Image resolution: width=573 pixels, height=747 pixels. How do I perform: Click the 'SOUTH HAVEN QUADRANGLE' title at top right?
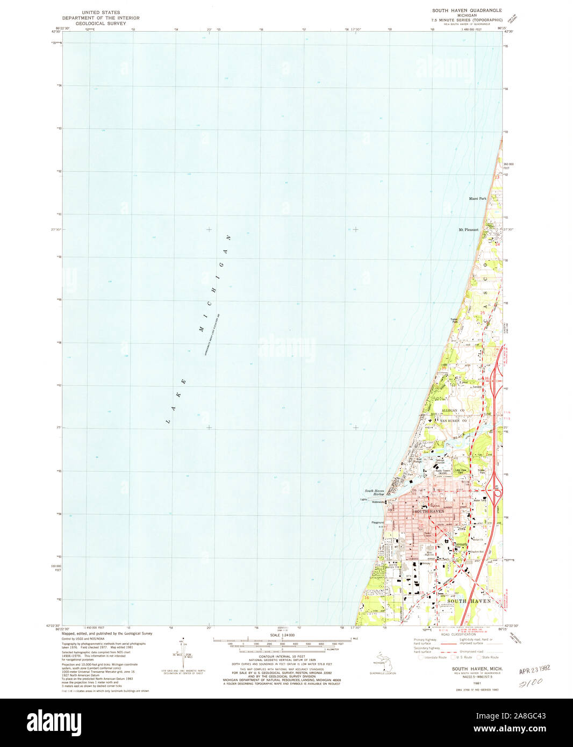pyautogui.click(x=467, y=10)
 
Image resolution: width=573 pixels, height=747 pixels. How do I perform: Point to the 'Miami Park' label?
pyautogui.click(x=477, y=199)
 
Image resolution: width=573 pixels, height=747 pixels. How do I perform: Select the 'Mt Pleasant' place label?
pyautogui.click(x=468, y=230)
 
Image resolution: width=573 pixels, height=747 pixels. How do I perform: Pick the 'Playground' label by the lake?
pyautogui.click(x=377, y=522)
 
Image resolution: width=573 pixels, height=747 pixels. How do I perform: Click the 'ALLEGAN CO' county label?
pyautogui.click(x=453, y=410)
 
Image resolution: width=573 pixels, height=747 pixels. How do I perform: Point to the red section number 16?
pyautogui.click(x=367, y=597)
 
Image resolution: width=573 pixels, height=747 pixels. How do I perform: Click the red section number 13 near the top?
pyautogui.click(x=497, y=177)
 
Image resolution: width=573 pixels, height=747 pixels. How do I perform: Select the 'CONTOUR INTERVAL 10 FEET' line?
pyautogui.click(x=282, y=657)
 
